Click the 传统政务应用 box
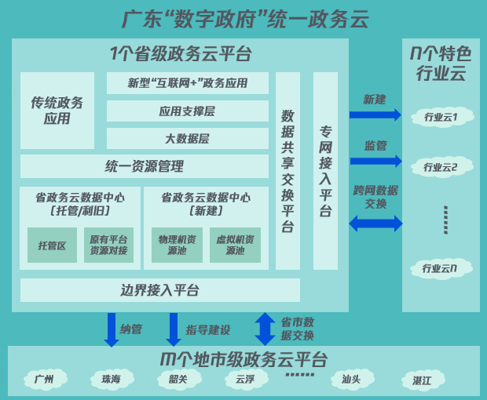click(x=57, y=111)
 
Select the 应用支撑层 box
click(x=187, y=111)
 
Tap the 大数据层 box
click(x=187, y=139)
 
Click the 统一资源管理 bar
click(x=145, y=166)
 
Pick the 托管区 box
click(x=52, y=245)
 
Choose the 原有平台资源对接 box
click(x=108, y=245)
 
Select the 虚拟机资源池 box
click(x=235, y=245)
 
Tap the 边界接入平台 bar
click(x=159, y=290)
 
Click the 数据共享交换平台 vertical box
click(x=287, y=171)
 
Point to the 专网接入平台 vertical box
click(x=325, y=171)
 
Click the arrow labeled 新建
click(x=375, y=115)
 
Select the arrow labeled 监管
click(x=375, y=161)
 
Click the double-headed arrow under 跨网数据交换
click(x=375, y=224)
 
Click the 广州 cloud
click(x=45, y=380)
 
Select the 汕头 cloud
click(x=350, y=380)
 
